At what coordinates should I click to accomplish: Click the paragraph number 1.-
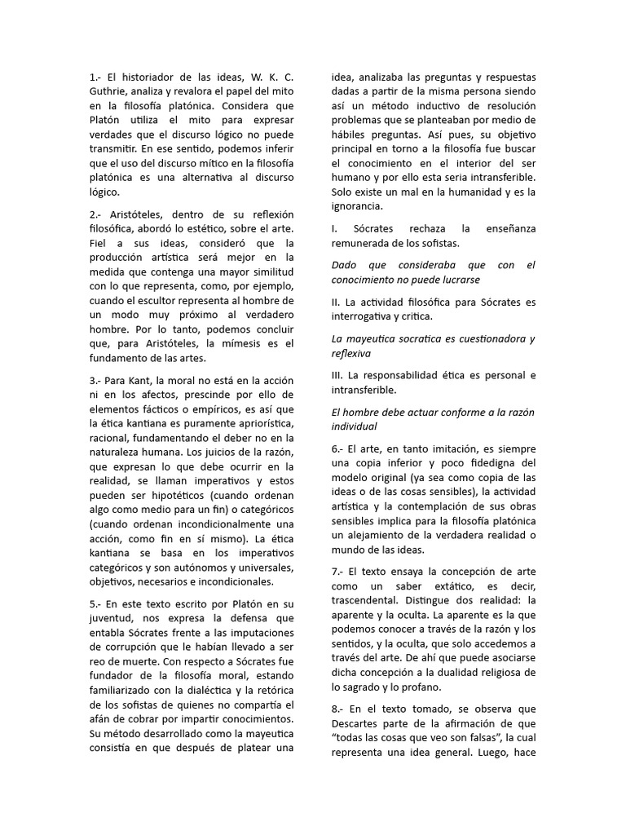96,77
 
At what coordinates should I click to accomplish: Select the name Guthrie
110,92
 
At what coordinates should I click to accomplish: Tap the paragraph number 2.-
96,214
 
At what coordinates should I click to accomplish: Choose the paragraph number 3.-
96,381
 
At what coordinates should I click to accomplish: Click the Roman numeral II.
336,303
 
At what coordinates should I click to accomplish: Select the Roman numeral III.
337,376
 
